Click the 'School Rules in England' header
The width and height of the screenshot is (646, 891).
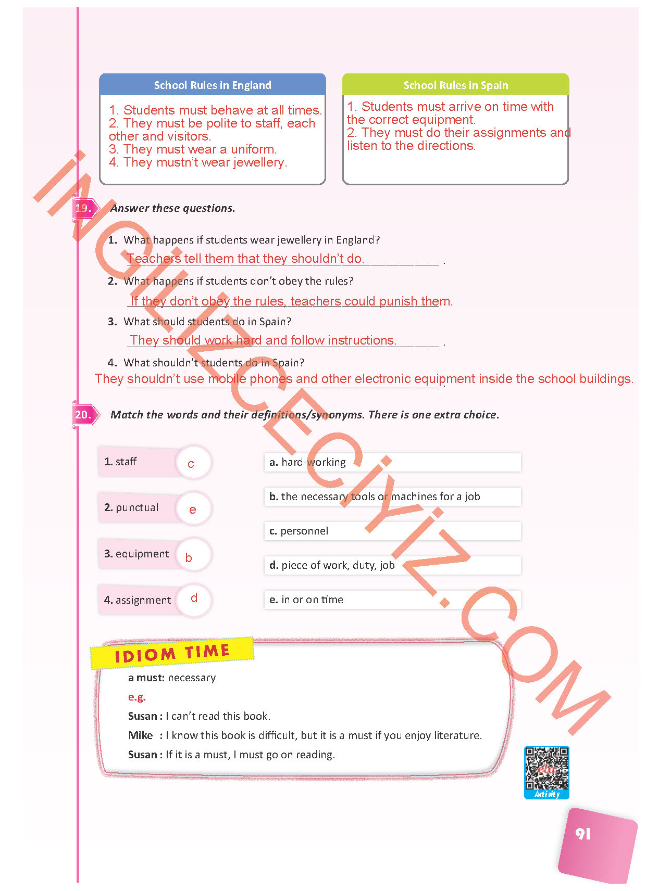pyautogui.click(x=213, y=85)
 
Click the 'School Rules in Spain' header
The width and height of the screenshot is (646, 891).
pyautogui.click(x=455, y=85)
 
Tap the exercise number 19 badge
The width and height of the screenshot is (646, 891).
pyautogui.click(x=83, y=208)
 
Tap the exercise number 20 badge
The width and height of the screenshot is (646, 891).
pyautogui.click(x=83, y=415)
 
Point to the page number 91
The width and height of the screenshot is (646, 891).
pyautogui.click(x=583, y=834)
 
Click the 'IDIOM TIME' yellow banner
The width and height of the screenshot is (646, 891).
pyautogui.click(x=172, y=653)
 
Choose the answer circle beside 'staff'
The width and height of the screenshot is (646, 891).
pyautogui.click(x=193, y=463)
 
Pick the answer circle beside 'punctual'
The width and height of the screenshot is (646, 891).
pyautogui.click(x=193, y=508)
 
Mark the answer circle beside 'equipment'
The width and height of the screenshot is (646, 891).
pyautogui.click(x=193, y=555)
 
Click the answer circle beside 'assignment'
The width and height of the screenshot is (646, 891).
pyautogui.click(x=193, y=600)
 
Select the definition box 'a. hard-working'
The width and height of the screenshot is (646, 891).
pyautogui.click(x=392, y=462)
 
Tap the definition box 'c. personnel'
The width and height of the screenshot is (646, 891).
pyautogui.click(x=392, y=531)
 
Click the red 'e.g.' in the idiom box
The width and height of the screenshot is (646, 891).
pyautogui.click(x=137, y=697)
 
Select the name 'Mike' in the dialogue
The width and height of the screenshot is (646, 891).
pyautogui.click(x=141, y=735)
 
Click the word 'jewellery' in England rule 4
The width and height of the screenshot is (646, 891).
pyautogui.click(x=259, y=162)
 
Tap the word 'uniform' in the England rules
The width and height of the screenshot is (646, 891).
pyautogui.click(x=253, y=149)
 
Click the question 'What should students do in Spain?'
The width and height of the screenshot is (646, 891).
pyautogui.click(x=207, y=322)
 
